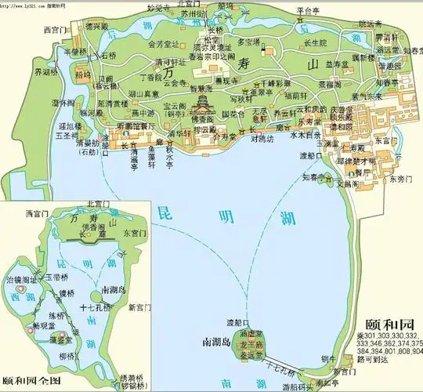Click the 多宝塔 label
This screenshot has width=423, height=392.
(248, 42)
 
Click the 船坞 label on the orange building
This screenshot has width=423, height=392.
(82, 75)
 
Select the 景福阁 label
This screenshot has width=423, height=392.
(329, 83)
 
